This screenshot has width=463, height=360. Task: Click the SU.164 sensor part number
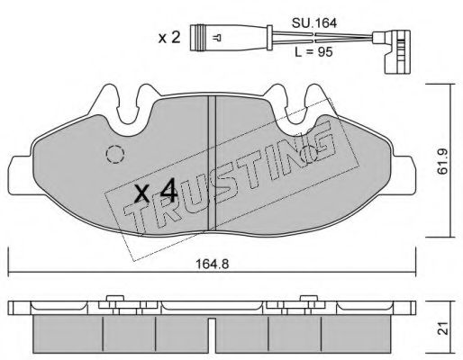tap(314, 23)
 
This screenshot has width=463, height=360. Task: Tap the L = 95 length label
tap(313, 52)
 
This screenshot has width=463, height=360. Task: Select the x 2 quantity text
tap(169, 38)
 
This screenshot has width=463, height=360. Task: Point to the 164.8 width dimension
tap(212, 264)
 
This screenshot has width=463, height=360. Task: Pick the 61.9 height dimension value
tap(442, 161)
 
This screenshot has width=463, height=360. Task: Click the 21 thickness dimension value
tap(442, 328)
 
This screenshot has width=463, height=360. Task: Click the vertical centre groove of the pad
tap(212, 164)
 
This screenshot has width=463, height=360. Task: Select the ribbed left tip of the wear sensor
tap(197, 38)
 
